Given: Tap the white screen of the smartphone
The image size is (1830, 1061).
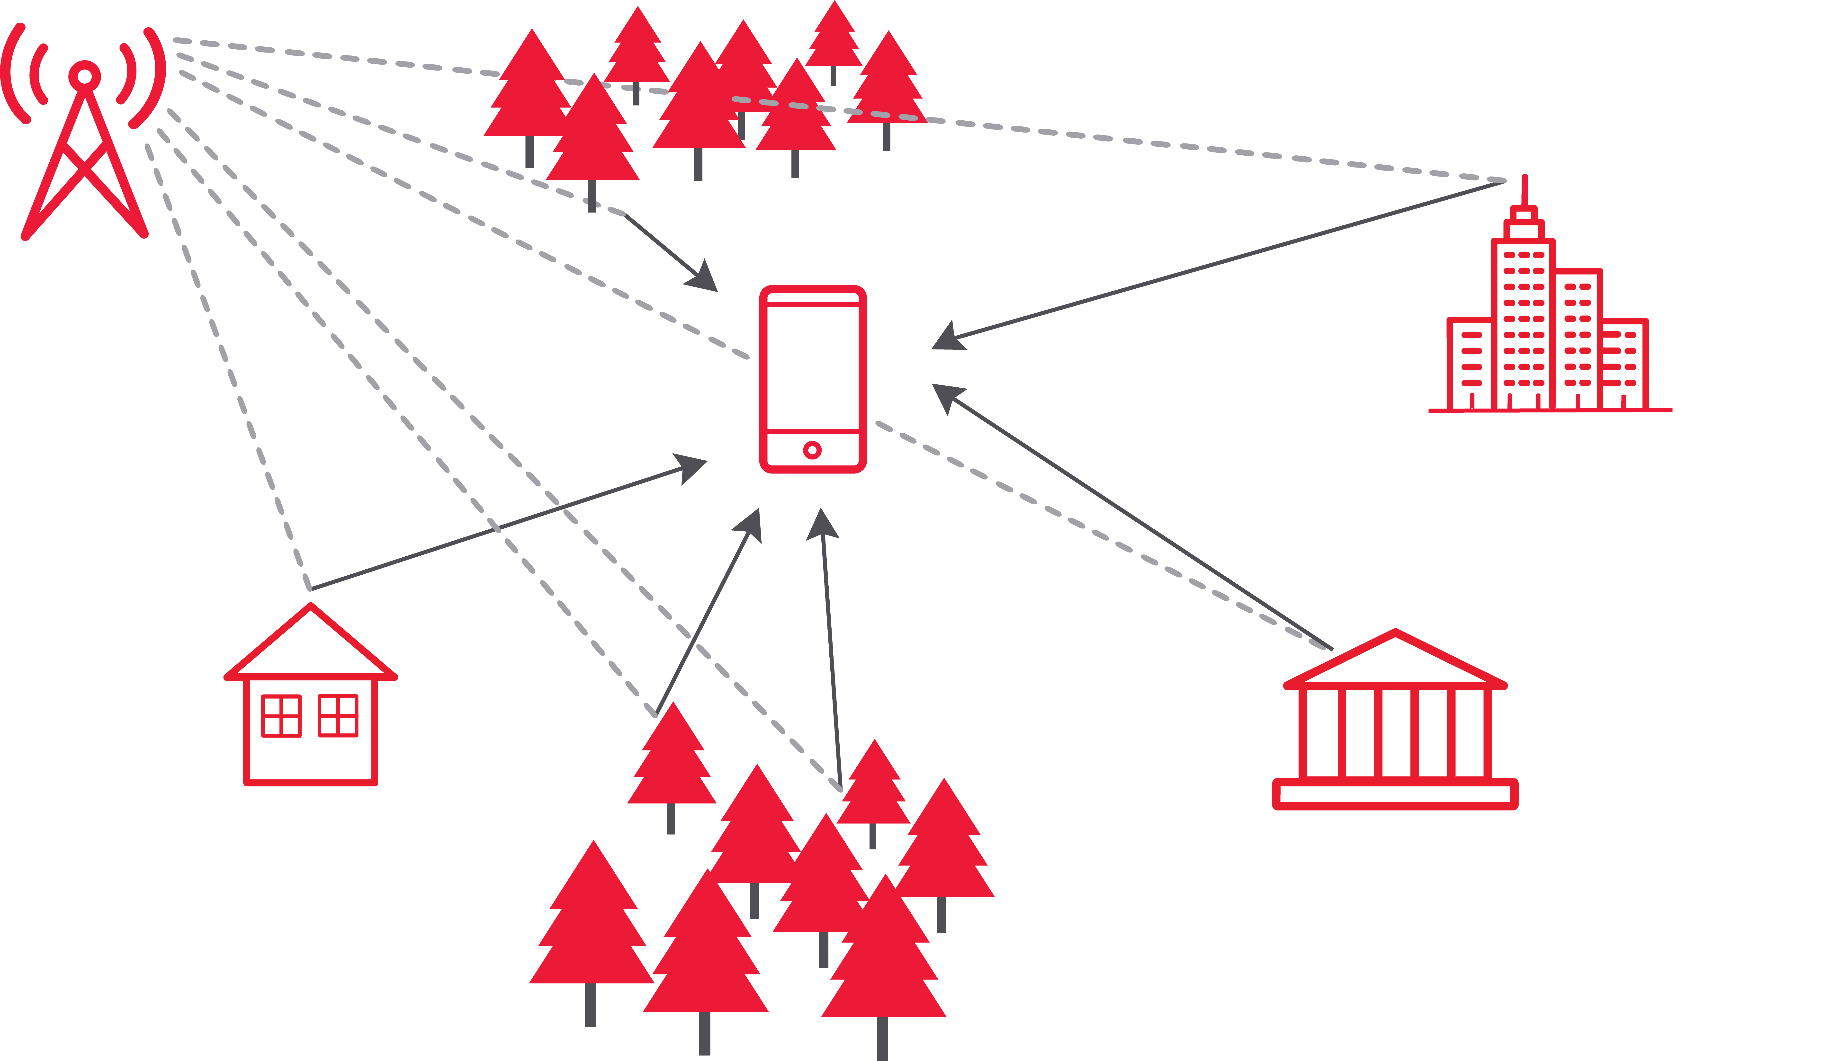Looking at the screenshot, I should pyautogui.click(x=813, y=367).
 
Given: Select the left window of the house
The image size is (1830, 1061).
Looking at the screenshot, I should pyautogui.click(x=281, y=716).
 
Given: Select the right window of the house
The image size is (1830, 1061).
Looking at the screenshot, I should pyautogui.click(x=338, y=716).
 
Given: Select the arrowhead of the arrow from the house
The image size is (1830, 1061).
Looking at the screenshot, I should pyautogui.click(x=690, y=467).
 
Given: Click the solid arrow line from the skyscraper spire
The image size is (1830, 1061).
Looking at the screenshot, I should pyautogui.click(x=1235, y=259).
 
